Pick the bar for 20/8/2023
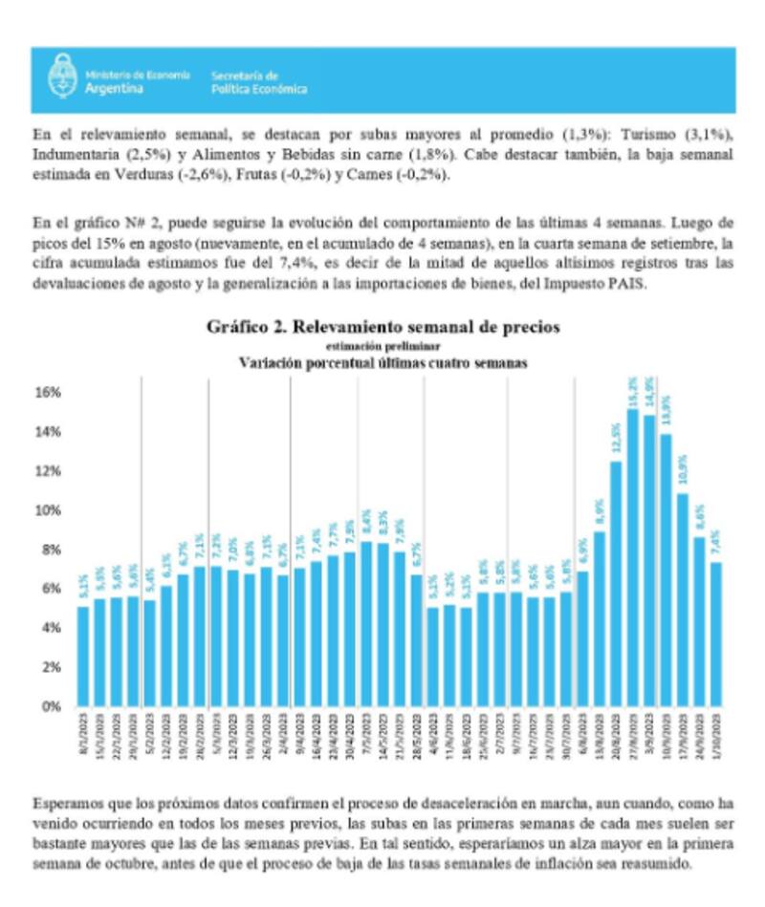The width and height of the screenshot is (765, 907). pyautogui.click(x=616, y=583)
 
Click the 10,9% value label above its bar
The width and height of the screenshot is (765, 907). pyautogui.click(x=683, y=475)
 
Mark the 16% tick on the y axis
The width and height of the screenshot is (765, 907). pyautogui.click(x=49, y=392)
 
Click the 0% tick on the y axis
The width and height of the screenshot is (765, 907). pyautogui.click(x=54, y=706)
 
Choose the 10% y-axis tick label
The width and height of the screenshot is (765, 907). pyautogui.click(x=49, y=510)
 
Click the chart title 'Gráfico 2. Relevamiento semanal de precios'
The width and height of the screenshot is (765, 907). pyautogui.click(x=383, y=327)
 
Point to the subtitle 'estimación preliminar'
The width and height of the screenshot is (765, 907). pyautogui.click(x=383, y=345)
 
